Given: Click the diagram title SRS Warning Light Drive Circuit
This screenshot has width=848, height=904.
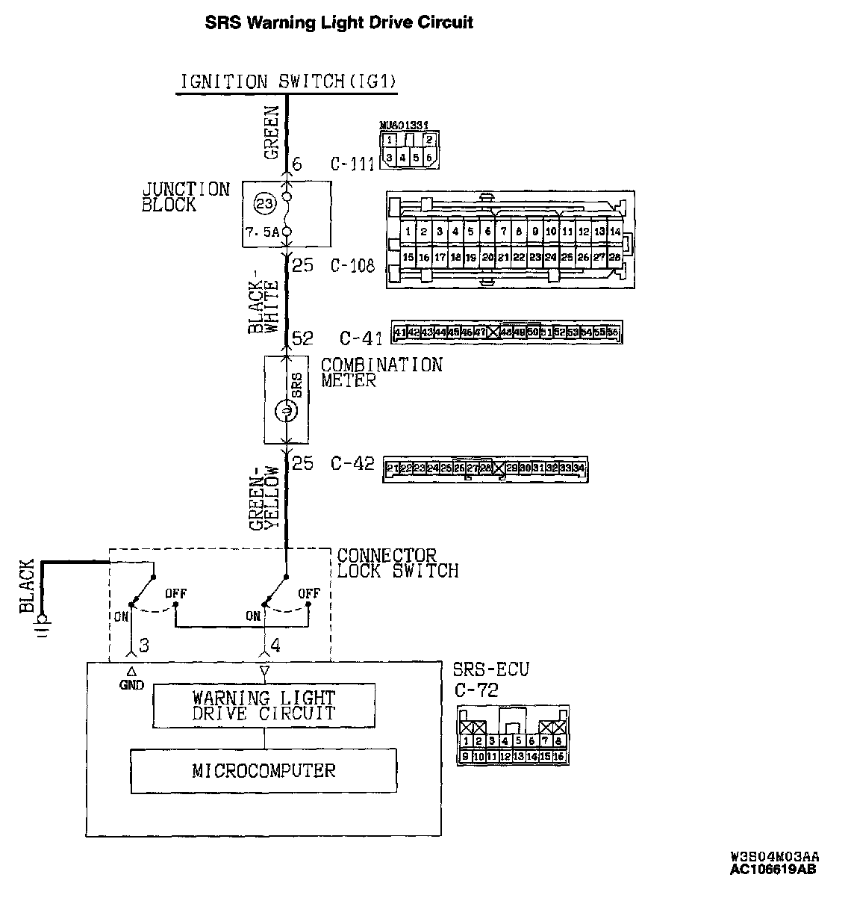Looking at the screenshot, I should coord(339,22).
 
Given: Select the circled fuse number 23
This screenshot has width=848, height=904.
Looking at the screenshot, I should coord(263,203).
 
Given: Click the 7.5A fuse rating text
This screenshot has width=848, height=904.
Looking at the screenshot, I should coord(262,232).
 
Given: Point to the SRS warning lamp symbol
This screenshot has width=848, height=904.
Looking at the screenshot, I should coord(287,409).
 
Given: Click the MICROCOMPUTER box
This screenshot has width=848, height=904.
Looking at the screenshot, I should coord(264,770).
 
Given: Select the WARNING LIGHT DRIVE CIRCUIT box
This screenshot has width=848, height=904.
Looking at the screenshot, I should coord(264,705).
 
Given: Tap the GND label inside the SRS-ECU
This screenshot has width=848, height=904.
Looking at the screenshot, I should coord(131,684).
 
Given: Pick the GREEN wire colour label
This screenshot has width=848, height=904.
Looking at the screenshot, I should coord(272,134).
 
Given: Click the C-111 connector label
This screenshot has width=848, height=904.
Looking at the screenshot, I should coord(352,164).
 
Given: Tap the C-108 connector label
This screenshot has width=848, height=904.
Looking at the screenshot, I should coord(352,265).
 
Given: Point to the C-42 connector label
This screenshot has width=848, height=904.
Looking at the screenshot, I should coord(352,463).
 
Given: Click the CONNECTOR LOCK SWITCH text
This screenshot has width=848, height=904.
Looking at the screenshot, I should coord(397,563).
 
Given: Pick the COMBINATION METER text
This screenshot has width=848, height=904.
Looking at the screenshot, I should coord(381,372).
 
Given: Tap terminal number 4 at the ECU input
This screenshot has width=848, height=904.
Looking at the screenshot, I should coord(275,645).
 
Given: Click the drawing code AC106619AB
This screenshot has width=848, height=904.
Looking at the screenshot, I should coord(773,869).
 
